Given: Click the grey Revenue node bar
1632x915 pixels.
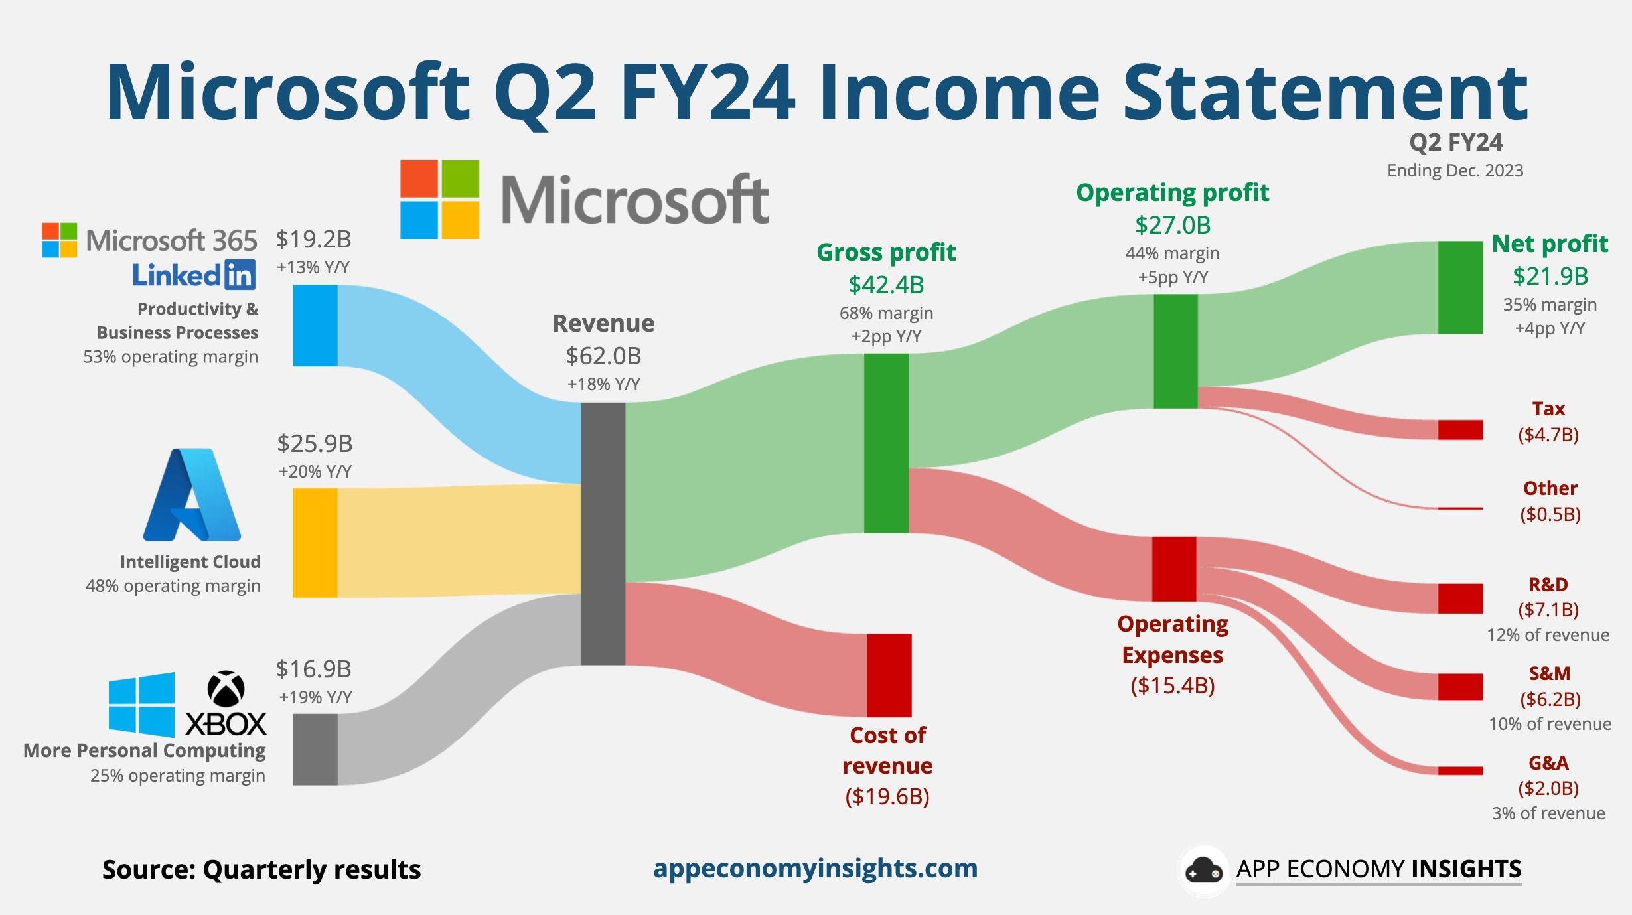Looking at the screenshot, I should (603, 533).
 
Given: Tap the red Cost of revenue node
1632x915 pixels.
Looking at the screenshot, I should (889, 675).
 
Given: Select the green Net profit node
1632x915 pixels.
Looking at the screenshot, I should (1459, 287).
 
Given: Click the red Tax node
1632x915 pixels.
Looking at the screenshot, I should (1459, 429).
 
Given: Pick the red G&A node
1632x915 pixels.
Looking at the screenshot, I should (1459, 770).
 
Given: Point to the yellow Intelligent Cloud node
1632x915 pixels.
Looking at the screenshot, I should (315, 543).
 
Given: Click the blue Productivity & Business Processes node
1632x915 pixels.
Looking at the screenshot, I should (315, 325).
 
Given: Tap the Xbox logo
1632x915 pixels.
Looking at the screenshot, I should (226, 703).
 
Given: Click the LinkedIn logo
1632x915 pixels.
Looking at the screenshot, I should (194, 275).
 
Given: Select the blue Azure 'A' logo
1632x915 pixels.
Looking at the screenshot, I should (192, 495).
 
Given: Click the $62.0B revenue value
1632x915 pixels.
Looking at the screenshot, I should (603, 356).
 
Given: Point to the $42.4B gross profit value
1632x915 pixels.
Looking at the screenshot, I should (886, 285).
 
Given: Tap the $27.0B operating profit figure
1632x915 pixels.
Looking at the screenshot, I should (1173, 225).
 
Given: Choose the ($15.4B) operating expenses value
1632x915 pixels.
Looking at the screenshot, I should (1173, 685).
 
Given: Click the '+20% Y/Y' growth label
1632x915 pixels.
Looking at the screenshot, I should (315, 472).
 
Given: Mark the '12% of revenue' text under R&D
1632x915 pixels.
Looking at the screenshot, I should (1548, 635).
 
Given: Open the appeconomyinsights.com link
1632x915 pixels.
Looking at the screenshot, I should (815, 868).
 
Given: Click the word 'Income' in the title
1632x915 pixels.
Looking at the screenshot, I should (958, 93).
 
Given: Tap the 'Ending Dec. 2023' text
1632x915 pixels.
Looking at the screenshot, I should (1455, 171).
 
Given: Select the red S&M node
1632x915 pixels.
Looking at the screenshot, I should (1459, 687).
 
